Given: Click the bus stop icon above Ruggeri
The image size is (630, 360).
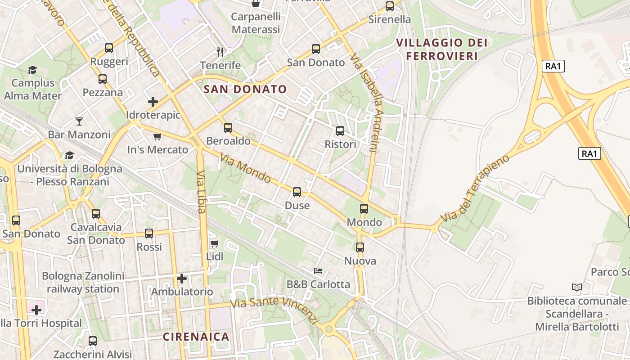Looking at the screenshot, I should (108, 48).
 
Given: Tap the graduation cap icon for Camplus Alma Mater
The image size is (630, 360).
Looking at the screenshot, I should (32, 70).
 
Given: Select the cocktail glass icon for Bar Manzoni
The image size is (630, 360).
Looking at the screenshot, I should (79, 121).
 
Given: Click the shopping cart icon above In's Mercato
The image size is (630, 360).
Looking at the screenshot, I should (157, 136).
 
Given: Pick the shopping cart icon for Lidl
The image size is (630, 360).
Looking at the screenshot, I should (215, 243).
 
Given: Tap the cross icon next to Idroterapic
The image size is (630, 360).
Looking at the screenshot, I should (153, 101).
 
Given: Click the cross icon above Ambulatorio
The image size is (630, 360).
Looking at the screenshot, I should (182, 279).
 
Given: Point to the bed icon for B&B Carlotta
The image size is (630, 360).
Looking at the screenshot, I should (318, 271).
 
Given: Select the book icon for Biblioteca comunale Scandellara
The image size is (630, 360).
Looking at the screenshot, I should (576, 287).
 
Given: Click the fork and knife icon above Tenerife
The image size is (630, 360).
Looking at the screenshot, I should (220, 52).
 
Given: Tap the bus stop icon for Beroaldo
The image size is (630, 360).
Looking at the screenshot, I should (228, 128).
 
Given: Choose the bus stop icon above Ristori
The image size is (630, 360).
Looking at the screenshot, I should (340, 131).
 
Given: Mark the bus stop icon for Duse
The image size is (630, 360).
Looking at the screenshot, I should (297, 192).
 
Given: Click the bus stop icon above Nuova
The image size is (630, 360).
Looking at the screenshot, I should (360, 247).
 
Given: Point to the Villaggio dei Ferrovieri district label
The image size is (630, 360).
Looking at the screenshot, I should (441, 49).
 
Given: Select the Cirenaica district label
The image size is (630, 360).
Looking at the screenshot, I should (196, 336).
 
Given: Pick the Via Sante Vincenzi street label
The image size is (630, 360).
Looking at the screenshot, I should (274, 310).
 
